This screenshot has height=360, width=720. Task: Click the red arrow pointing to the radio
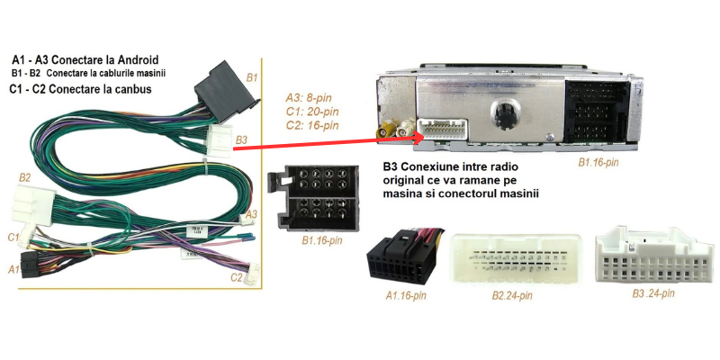pos(306,144)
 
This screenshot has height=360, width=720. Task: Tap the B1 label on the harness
pos(253,78)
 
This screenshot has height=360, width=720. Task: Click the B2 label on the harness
pos(24,178)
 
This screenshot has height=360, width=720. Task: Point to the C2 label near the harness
pos(236,277)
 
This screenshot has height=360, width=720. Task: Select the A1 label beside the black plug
pos(13,268)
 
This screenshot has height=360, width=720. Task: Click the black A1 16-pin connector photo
pos(405,260)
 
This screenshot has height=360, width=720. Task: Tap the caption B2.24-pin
pos(512,295)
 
